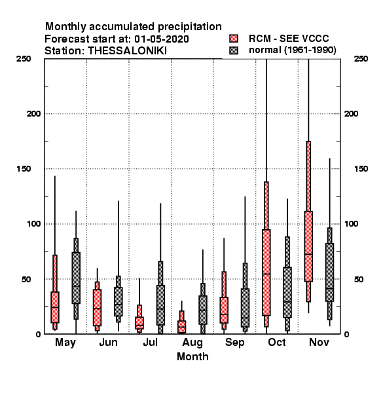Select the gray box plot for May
[x=76, y=278]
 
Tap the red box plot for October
[x=266, y=272]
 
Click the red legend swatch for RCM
[x=234, y=39]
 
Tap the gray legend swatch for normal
[x=234, y=50]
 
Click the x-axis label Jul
[x=151, y=342]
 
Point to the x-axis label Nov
[x=319, y=342]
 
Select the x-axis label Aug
[x=192, y=343]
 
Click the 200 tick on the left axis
[x=33, y=114]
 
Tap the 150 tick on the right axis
[x=361, y=169]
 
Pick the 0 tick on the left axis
[x=38, y=334]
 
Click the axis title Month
[x=192, y=357]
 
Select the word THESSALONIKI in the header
[x=127, y=51]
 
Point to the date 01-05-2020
[x=162, y=39]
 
